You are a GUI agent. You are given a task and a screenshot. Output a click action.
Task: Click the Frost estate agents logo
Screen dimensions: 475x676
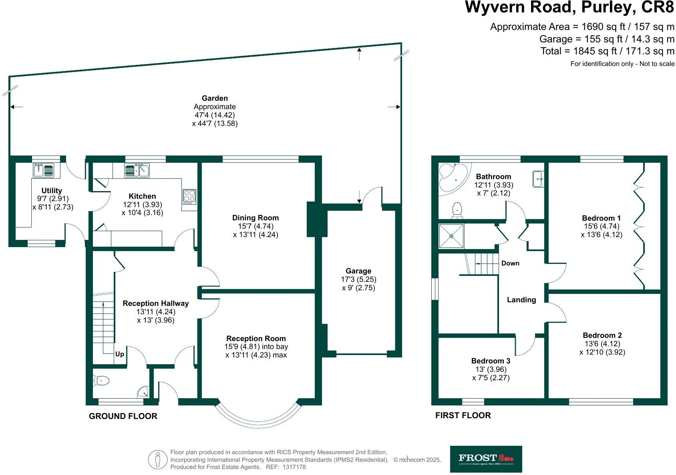(486, 459)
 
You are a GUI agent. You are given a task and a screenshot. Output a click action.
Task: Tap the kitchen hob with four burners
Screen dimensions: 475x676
(189, 196)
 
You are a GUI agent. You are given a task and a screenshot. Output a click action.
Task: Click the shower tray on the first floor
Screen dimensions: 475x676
(452, 236)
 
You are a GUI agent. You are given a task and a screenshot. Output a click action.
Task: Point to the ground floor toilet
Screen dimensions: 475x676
(101, 380)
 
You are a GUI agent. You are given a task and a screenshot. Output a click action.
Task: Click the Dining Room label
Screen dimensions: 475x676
(256, 218)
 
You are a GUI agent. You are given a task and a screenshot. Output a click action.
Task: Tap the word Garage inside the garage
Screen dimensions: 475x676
(358, 271)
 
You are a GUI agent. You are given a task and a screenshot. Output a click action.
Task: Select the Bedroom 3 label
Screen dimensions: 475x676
(491, 361)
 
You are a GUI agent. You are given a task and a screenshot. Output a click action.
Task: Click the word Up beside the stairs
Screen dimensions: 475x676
(120, 354)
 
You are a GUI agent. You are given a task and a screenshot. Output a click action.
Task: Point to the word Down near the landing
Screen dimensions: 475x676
(510, 263)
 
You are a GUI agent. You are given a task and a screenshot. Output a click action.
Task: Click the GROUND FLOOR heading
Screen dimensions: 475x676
(123, 416)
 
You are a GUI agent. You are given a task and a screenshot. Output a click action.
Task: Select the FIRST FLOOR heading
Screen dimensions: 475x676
(463, 415)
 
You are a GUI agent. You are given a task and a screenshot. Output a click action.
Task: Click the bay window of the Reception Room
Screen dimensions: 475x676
(258, 420)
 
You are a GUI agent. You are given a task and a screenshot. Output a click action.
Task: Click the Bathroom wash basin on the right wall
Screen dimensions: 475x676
(538, 179)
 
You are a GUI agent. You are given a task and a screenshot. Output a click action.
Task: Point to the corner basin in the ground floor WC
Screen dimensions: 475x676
(143, 392)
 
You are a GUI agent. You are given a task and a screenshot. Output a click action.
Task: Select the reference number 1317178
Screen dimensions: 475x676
(294, 467)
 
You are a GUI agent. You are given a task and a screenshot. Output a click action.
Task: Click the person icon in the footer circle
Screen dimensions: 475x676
(158, 459)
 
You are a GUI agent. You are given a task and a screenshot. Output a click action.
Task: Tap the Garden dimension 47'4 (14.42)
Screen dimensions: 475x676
(215, 115)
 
